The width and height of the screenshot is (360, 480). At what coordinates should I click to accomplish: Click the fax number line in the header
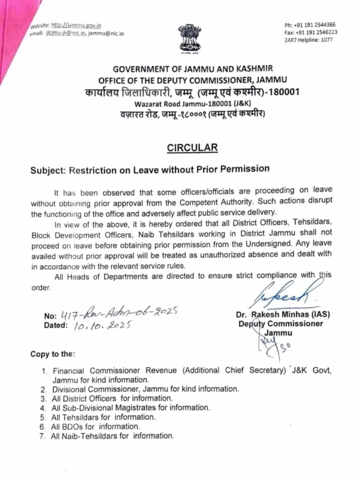310,32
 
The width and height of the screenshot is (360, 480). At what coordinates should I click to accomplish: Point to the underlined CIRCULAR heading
193,148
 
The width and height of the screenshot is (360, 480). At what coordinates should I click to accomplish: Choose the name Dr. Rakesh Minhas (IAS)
279,315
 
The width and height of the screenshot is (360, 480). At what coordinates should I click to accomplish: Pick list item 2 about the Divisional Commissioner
145,389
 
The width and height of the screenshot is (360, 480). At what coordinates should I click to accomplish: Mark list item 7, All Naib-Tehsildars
112,436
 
